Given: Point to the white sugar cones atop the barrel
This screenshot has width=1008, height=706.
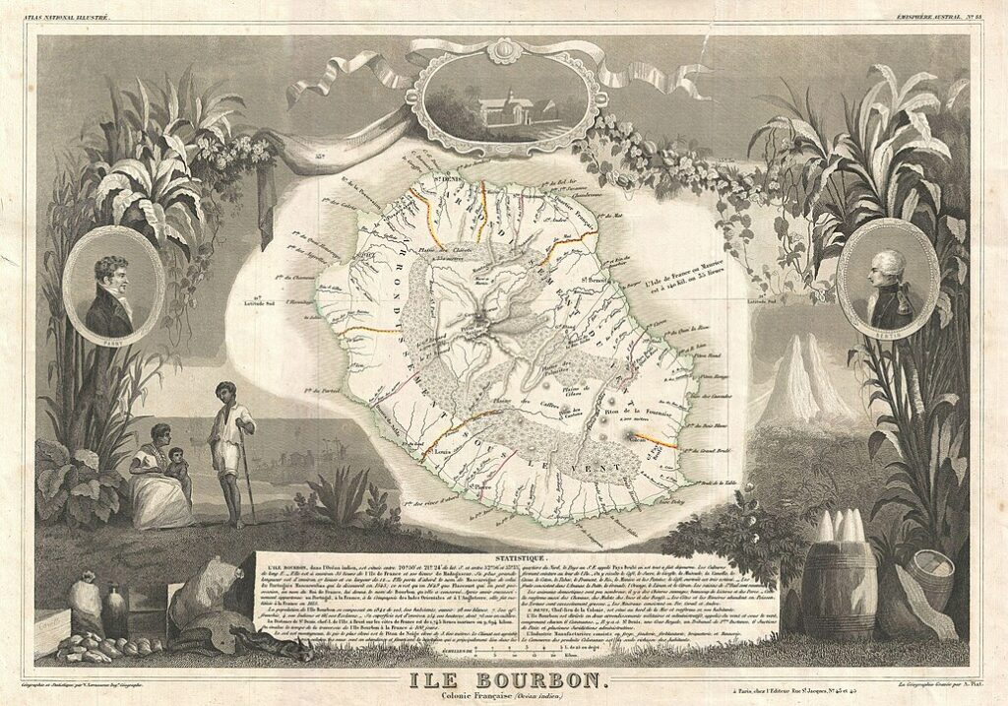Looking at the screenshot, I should pos(839,527).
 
